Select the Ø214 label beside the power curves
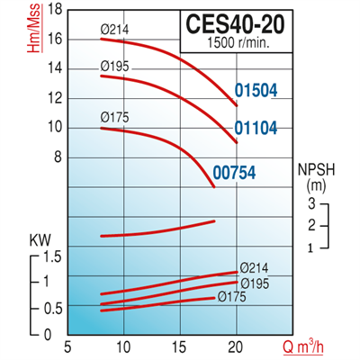coord(254,267)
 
